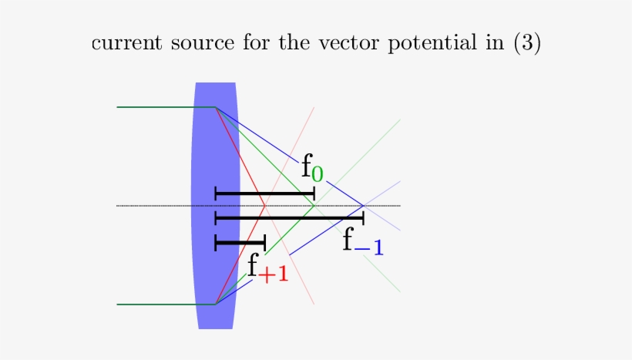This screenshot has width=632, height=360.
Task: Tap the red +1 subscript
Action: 274,274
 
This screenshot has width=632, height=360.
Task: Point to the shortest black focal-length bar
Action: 240,244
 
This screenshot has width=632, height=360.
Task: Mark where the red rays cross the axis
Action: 265,206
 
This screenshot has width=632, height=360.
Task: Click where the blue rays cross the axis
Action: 364,206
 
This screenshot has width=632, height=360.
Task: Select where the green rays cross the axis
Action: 314,206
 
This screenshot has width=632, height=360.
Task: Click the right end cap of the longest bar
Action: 363,219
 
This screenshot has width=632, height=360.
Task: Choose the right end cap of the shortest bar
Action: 264,244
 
